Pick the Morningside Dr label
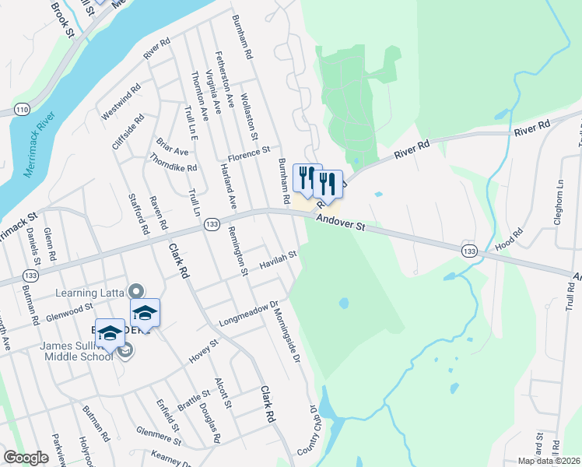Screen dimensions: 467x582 pos(287,334)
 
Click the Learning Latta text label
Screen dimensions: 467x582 pos(90,293)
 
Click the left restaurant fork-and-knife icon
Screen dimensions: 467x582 pos(307,178)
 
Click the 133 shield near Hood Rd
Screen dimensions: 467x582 pos(468,251)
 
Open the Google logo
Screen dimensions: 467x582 pos(26,458)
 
